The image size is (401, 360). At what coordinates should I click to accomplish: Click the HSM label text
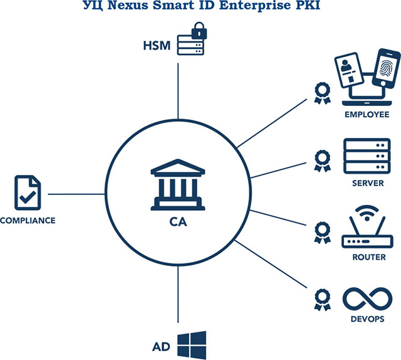click(x=157, y=46)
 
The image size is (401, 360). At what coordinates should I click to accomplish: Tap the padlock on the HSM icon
click(x=199, y=31)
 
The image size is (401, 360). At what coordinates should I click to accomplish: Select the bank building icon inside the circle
click(x=178, y=184)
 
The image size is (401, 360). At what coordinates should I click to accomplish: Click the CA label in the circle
click(x=178, y=222)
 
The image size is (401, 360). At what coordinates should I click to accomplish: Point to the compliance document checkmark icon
click(x=28, y=193)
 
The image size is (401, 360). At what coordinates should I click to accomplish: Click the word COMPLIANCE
click(x=28, y=221)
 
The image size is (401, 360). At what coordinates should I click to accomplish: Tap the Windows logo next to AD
click(x=192, y=345)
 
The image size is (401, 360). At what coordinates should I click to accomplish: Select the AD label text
click(x=161, y=347)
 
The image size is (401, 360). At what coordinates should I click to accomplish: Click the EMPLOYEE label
click(x=367, y=114)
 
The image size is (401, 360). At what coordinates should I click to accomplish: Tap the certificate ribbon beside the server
click(x=322, y=161)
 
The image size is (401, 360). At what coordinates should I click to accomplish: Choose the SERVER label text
click(x=368, y=183)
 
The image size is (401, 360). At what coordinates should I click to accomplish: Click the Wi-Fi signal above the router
click(x=367, y=213)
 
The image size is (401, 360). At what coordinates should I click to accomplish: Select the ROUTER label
click(x=369, y=257)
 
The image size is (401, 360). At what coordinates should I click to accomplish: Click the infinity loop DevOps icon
click(x=367, y=299)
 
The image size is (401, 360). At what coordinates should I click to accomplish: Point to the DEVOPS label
click(x=368, y=319)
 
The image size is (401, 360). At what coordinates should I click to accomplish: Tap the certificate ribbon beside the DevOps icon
click(x=322, y=300)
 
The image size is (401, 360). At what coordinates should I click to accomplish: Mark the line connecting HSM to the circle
click(x=178, y=92)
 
